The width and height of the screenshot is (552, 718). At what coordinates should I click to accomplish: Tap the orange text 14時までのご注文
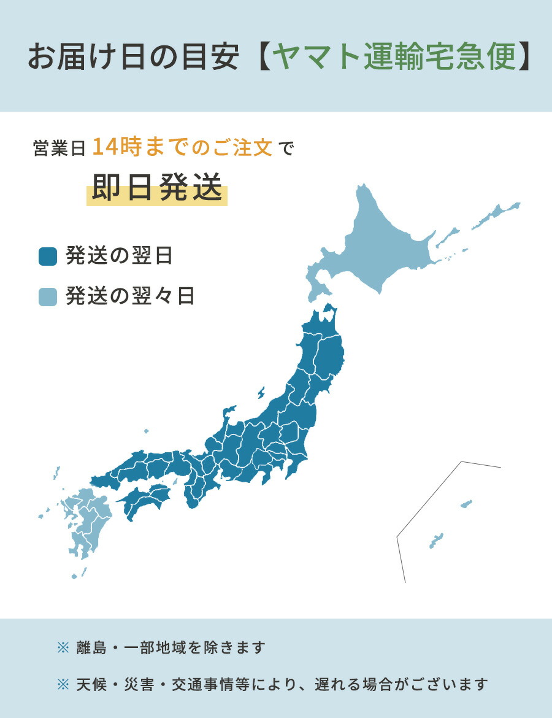pos(182,148)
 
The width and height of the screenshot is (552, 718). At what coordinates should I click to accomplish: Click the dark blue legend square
pos(47,256)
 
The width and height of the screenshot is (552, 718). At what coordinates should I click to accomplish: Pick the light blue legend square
pos(47,296)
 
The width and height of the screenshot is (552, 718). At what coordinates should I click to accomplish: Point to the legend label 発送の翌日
pos(119,256)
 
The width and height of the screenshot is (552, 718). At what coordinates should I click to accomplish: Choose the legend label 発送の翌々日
pos(130,296)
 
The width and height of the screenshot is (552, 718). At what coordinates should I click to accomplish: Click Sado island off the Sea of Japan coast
pos(261,392)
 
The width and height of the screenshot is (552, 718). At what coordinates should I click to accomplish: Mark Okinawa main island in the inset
pos(436,541)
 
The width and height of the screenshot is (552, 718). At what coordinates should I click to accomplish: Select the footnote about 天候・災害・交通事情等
pos(282,684)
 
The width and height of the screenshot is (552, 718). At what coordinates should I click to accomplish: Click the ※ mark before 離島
pos(63,647)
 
